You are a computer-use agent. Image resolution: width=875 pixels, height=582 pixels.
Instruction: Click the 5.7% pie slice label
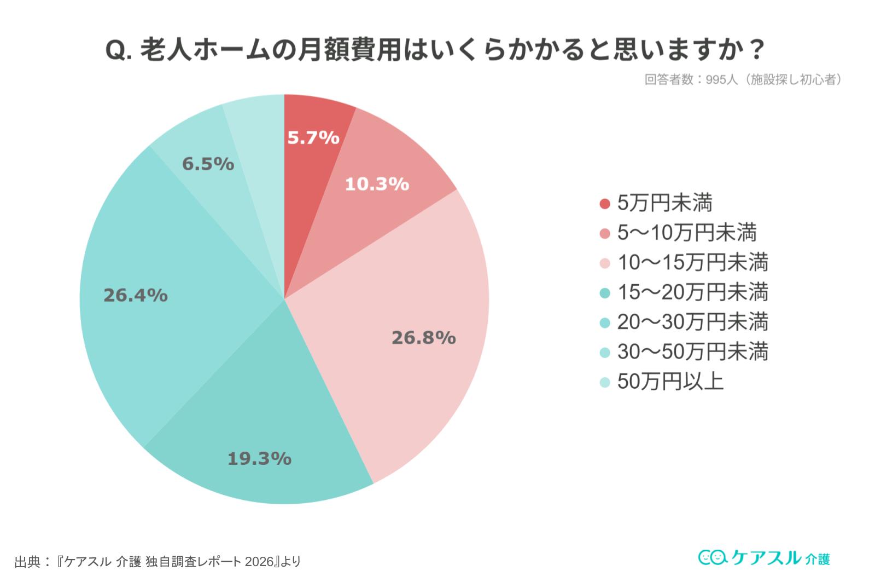pyautogui.click(x=313, y=137)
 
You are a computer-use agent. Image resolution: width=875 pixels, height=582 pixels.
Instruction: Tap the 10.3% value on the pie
pyautogui.click(x=377, y=184)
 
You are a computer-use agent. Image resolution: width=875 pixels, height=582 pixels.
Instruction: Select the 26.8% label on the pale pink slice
pyautogui.click(x=423, y=338)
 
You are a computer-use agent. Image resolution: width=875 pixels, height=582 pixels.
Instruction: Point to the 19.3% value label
pyautogui.click(x=259, y=458)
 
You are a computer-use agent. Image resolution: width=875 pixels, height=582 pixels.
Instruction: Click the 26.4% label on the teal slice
pyautogui.click(x=136, y=295)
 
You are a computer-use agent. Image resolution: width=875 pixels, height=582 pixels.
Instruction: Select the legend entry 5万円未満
pyautogui.click(x=664, y=203)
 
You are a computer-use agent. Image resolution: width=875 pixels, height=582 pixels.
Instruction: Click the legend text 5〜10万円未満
pyautogui.click(x=687, y=233)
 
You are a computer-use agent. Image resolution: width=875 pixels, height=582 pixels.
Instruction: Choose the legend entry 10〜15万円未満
pyautogui.click(x=693, y=262)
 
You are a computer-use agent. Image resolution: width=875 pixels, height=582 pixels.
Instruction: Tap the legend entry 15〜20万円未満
pyautogui.click(x=693, y=292)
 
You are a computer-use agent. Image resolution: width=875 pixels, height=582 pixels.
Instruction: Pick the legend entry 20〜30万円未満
pyautogui.click(x=693, y=321)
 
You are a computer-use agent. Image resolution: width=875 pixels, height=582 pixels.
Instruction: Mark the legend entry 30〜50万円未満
pyautogui.click(x=693, y=351)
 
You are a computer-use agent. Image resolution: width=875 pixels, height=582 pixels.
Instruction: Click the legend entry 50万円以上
pyautogui.click(x=670, y=381)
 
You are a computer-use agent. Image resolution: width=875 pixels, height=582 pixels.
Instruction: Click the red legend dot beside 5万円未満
pyautogui.click(x=604, y=204)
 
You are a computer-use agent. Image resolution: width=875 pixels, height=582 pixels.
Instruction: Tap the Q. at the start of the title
pyautogui.click(x=118, y=51)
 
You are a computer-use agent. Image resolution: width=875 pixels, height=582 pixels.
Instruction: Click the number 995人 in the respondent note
pyautogui.click(x=721, y=80)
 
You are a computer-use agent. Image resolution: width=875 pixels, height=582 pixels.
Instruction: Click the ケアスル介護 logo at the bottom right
pyautogui.click(x=764, y=557)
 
